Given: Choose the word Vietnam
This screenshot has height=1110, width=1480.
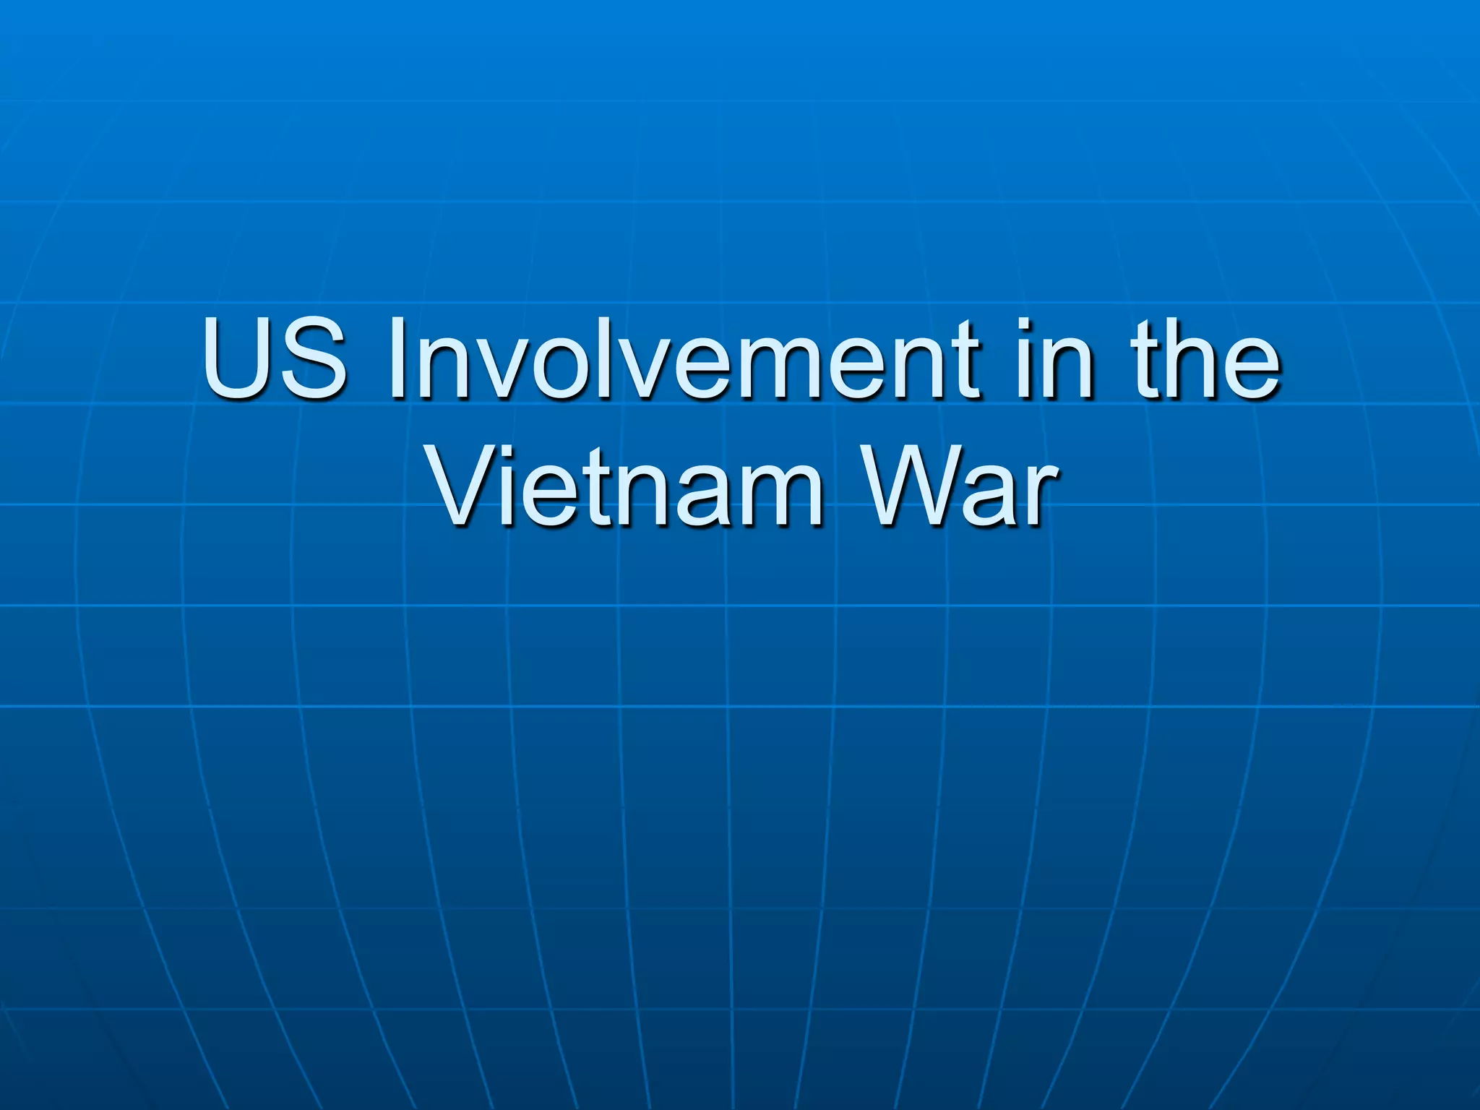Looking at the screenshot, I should tap(626, 486).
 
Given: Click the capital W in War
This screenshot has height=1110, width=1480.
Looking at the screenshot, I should tap(911, 486).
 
